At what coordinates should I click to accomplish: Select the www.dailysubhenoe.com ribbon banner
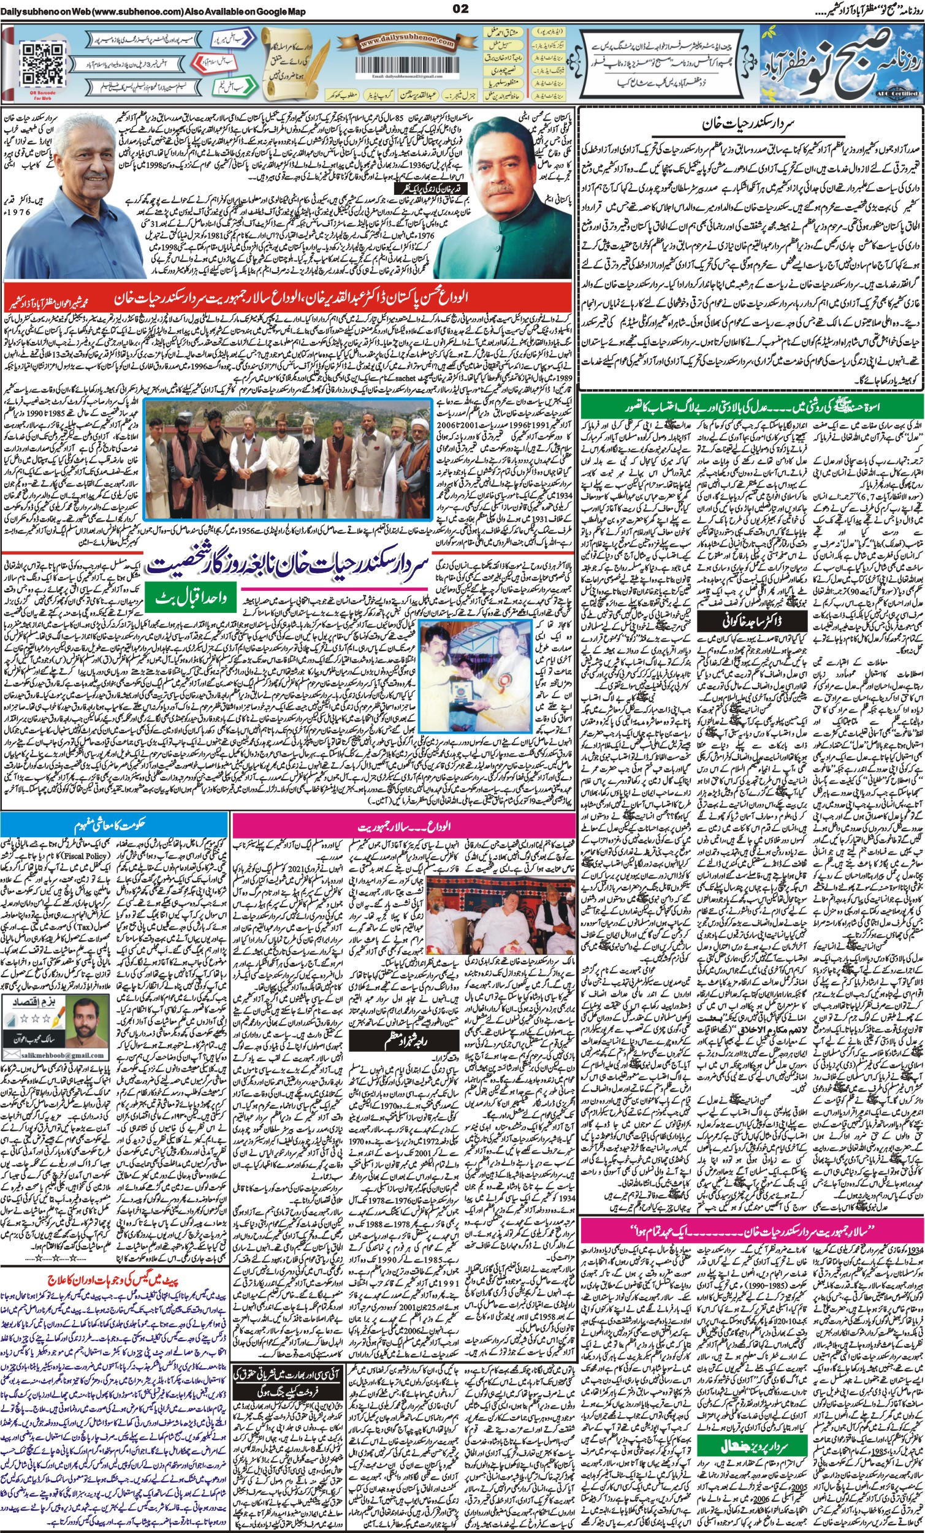[x=405, y=42]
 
